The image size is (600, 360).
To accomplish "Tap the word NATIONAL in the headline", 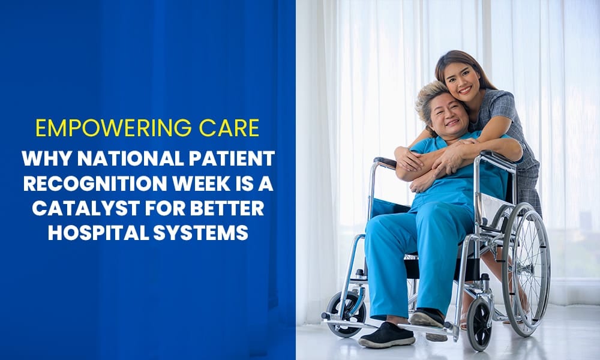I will click(x=122, y=158).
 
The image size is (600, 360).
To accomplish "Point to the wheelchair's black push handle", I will click(x=385, y=161).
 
